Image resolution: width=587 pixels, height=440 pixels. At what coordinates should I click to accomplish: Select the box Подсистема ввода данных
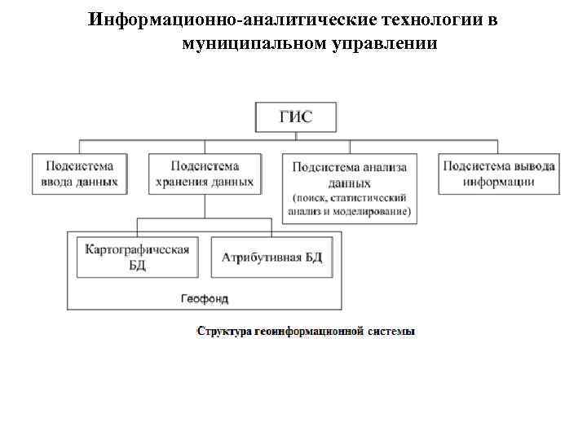tap(79, 173)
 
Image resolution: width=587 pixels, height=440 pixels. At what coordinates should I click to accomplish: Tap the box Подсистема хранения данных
tap(204, 173)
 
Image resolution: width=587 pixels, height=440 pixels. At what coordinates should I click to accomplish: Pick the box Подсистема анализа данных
tap(349, 188)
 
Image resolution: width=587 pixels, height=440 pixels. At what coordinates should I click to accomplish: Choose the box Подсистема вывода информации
tap(499, 173)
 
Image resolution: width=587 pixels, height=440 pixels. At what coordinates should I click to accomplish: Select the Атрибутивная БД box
tap(271, 257)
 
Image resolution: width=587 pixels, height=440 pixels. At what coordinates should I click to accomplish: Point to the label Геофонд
tap(204, 298)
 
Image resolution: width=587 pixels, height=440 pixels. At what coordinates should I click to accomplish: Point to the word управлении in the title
tap(385, 42)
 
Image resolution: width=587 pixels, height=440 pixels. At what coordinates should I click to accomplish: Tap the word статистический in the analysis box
tap(370, 199)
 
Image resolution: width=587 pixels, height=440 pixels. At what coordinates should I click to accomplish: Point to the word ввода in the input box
tap(60, 181)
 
